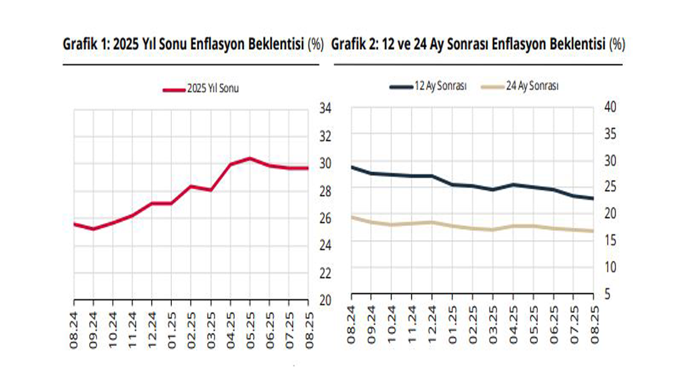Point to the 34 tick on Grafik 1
325,109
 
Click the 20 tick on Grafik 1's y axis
325,300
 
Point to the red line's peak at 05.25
250,158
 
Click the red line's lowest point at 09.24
93,229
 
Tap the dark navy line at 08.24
352,167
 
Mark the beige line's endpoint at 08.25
593,231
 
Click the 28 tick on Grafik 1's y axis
325,191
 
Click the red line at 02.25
191,186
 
